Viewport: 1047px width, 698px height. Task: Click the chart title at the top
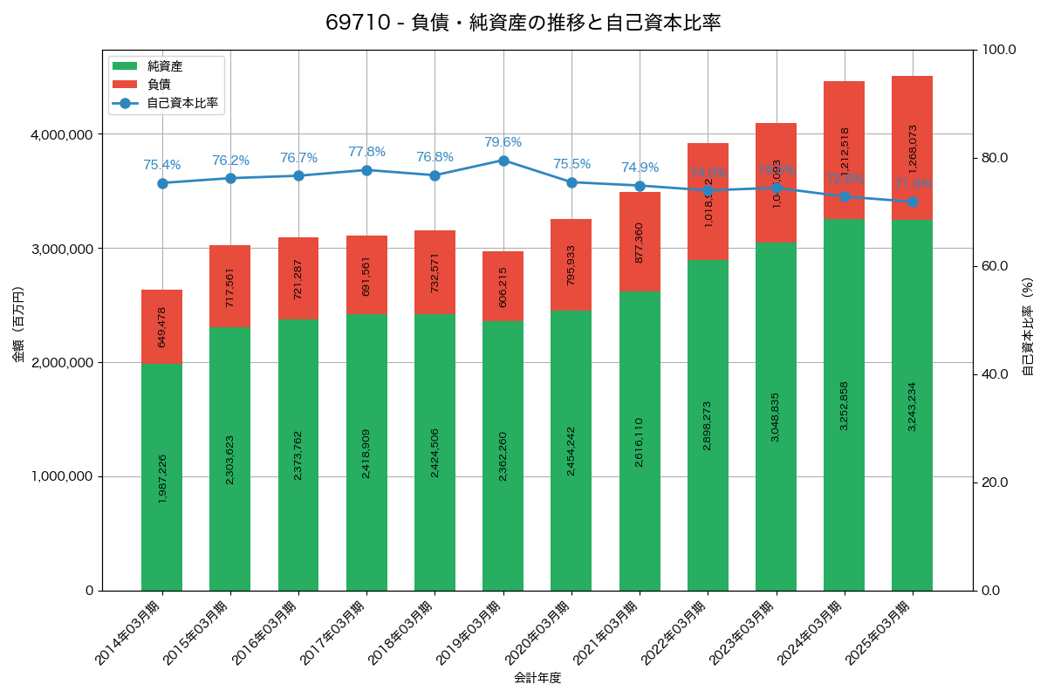(523, 23)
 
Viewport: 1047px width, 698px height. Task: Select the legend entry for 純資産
(164, 65)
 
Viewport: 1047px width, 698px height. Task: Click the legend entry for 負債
(158, 84)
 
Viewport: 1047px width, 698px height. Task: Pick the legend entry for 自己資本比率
(181, 102)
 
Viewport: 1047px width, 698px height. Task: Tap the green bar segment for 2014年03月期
(162, 476)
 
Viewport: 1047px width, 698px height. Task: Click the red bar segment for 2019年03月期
(503, 285)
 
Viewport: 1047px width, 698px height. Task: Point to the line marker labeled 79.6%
(503, 161)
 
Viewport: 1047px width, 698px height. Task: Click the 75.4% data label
(162, 165)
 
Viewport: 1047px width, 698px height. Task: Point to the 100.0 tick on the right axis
(997, 50)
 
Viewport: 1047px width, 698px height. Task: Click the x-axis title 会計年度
(537, 677)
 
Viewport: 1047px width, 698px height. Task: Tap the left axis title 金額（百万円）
(18, 324)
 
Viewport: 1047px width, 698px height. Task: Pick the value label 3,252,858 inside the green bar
(844, 406)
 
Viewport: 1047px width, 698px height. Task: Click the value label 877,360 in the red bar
(640, 243)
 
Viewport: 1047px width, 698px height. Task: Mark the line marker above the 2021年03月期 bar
(640, 186)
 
